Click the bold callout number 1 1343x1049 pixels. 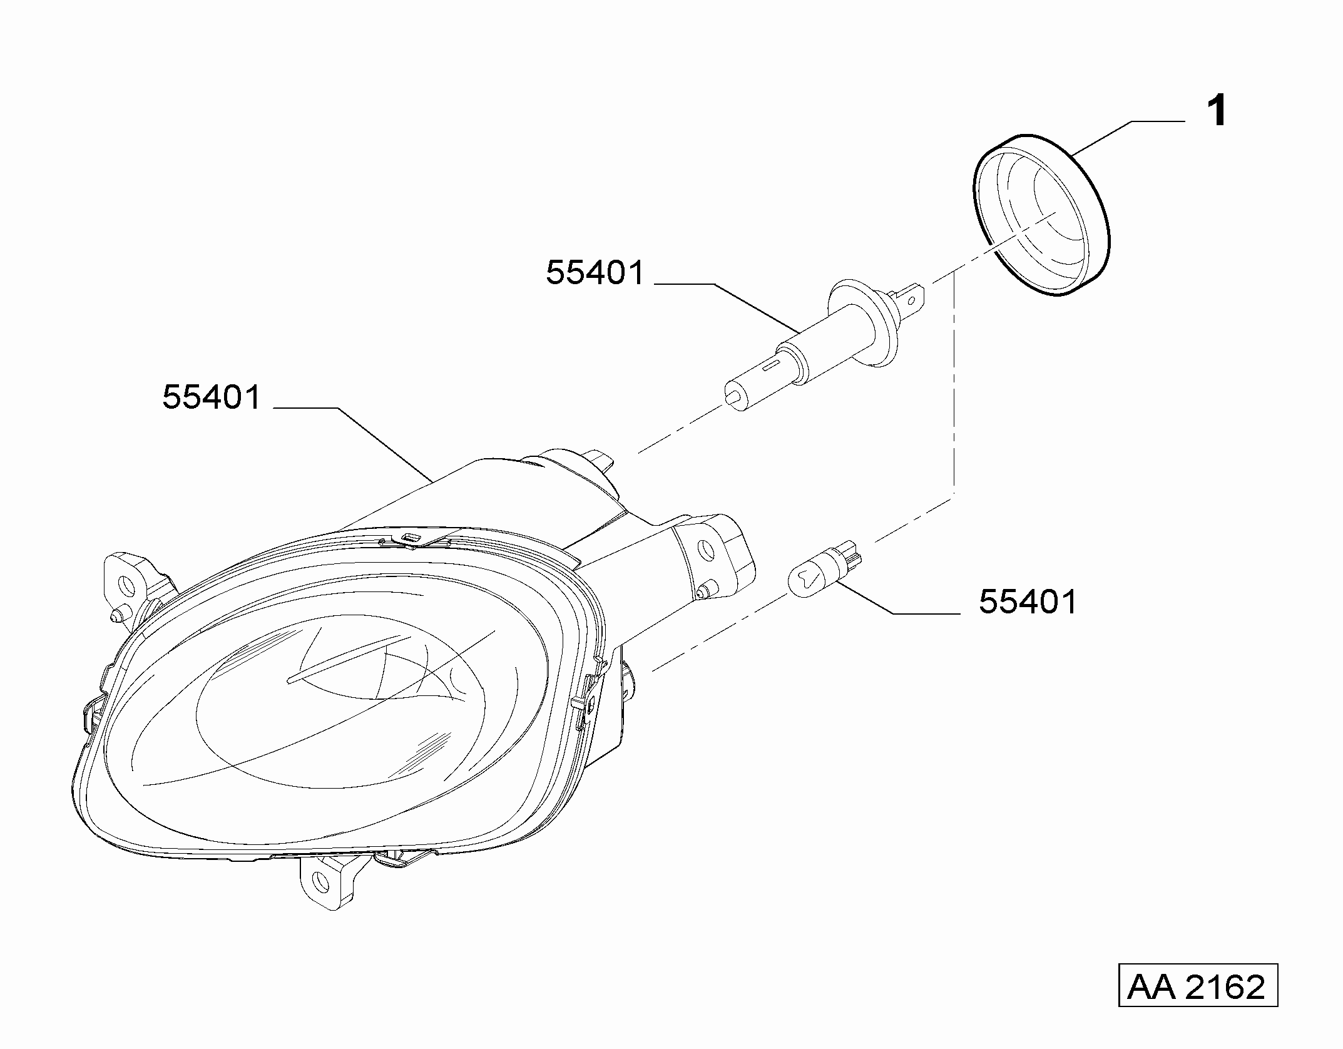[1217, 113]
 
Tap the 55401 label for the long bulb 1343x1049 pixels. [595, 274]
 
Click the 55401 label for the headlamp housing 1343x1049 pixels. [212, 397]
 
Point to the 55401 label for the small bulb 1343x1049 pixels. [1028, 602]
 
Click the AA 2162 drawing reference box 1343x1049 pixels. [1197, 987]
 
